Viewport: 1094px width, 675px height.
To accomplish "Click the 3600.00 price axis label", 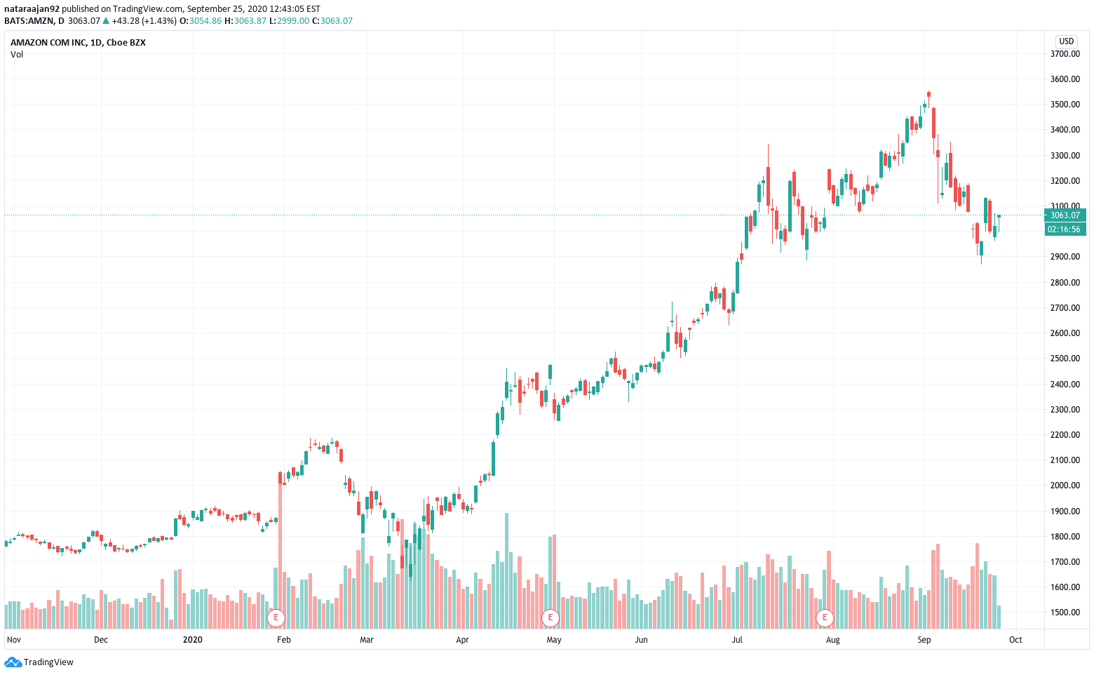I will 1065,79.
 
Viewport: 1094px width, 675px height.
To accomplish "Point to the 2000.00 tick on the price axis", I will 1065,486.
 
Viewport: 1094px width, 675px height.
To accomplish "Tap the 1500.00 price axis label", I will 1065,613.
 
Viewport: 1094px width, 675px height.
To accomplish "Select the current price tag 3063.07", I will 1065,215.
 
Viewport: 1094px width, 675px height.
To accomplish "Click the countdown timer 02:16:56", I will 1065,229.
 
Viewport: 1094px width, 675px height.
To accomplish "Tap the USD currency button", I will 1066,41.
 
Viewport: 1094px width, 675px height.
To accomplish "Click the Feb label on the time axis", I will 284,640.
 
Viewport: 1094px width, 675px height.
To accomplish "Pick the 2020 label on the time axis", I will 192,640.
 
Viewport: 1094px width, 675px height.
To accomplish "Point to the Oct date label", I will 1015,640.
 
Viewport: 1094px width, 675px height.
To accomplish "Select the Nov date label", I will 14,640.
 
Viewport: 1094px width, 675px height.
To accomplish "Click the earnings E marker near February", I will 276,617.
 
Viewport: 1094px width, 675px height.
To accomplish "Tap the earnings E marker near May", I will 551,617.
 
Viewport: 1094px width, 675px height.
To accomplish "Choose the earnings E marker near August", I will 825,617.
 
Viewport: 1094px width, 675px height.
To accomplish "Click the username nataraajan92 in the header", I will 32,9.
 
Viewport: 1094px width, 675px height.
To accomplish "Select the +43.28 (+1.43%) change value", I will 144,21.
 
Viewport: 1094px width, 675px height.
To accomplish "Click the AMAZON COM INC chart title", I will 78,43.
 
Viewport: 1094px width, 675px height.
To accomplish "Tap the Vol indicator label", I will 17,55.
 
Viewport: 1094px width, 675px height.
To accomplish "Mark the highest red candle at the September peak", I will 928,93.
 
